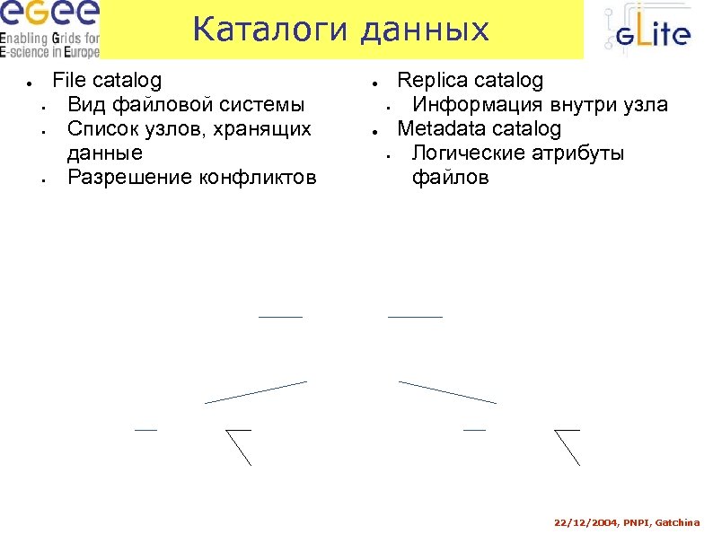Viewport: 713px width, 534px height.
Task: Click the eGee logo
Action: point(48,16)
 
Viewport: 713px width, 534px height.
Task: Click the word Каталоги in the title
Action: point(268,30)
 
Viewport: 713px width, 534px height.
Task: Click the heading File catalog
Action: point(107,81)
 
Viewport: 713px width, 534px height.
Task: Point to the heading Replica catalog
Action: point(470,81)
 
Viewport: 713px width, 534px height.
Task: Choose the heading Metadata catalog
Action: point(479,129)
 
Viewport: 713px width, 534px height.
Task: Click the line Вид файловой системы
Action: point(185,105)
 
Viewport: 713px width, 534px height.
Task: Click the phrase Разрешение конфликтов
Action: point(191,178)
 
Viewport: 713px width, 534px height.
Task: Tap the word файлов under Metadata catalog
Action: point(450,178)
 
